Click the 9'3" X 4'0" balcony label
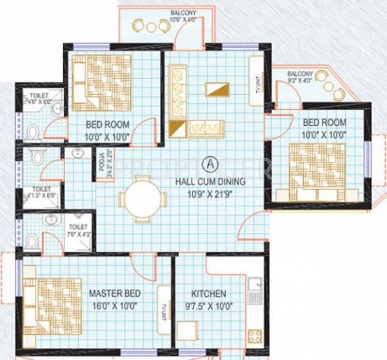pyautogui.click(x=303, y=77)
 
